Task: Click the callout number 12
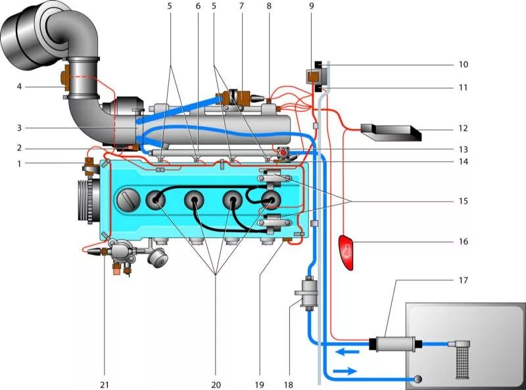463,128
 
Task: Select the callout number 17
463,280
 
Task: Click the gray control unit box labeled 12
391,132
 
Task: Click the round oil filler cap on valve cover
127,198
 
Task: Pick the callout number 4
20,86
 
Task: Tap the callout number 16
463,241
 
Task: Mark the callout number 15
463,201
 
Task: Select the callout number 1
20,162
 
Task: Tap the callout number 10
463,64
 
